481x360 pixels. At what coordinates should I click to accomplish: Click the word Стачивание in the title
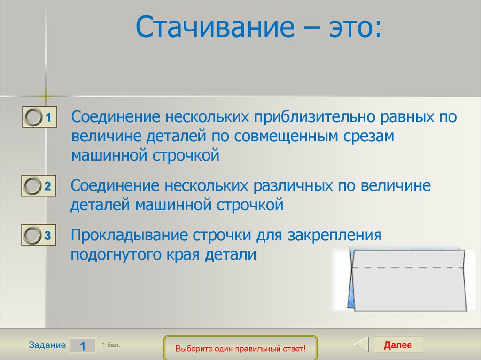point(215,26)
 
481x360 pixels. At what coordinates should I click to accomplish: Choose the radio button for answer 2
point(32,186)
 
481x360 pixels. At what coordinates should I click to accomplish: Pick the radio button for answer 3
point(32,235)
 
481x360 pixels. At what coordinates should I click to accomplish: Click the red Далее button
point(397,345)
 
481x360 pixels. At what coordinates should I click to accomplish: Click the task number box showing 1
point(83,346)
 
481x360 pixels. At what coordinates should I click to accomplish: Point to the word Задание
point(47,345)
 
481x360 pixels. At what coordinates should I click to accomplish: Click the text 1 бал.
point(111,345)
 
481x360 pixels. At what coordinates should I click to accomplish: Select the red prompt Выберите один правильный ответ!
point(240,349)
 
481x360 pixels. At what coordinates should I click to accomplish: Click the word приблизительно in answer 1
point(314,117)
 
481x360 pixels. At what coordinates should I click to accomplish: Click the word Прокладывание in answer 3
point(129,236)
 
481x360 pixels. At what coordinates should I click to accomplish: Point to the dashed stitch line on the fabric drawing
point(408,268)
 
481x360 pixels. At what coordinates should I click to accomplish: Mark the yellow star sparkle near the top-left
point(46,96)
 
